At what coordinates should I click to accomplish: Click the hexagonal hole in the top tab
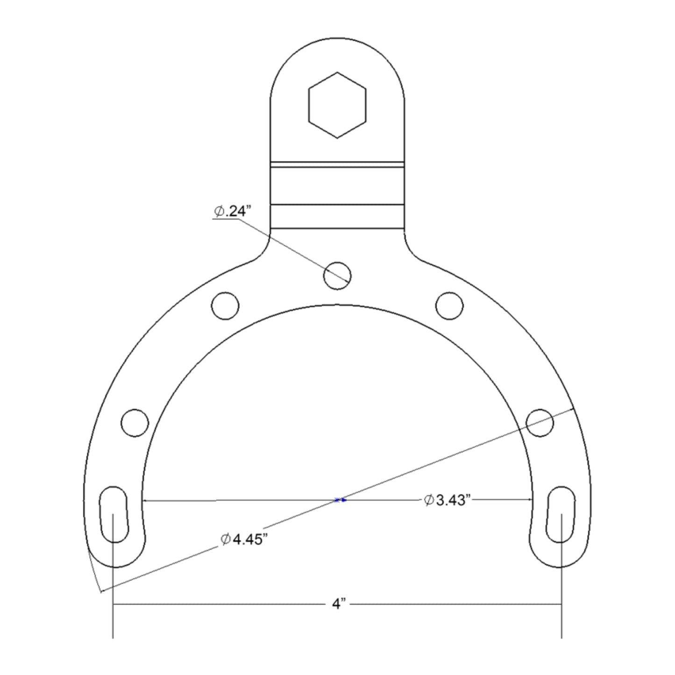(x=337, y=105)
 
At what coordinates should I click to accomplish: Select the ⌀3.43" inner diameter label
(x=446, y=500)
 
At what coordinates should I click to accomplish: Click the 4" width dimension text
(x=338, y=604)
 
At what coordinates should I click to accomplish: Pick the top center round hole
(x=337, y=275)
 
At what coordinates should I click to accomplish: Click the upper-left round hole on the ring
(x=225, y=306)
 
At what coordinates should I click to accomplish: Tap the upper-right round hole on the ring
(x=449, y=306)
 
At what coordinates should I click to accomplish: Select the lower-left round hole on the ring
(x=135, y=423)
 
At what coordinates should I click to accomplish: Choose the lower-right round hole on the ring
(x=540, y=423)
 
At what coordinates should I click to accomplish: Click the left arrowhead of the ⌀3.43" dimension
(x=145, y=500)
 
